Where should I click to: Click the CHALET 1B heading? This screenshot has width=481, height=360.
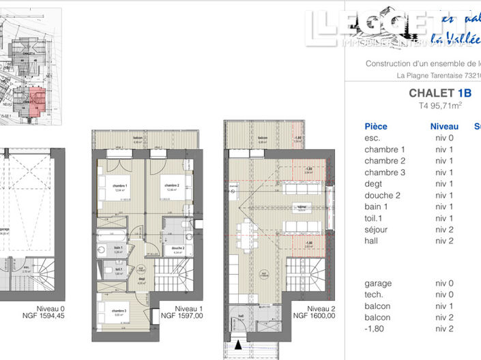tap(440, 93)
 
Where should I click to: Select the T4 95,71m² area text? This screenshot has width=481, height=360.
tap(440, 106)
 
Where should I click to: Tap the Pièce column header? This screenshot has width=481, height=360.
tap(376, 126)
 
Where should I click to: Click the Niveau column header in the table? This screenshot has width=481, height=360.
tap(444, 126)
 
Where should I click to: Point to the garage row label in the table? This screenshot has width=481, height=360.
tap(378, 283)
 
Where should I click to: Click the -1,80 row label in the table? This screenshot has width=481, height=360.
tap(375, 329)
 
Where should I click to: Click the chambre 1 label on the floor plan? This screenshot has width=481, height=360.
tap(121, 186)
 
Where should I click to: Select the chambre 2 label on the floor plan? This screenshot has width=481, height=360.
tap(171, 185)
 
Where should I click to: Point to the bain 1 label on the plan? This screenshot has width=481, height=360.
tap(118, 247)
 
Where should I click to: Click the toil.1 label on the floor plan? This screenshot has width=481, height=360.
tap(118, 269)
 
